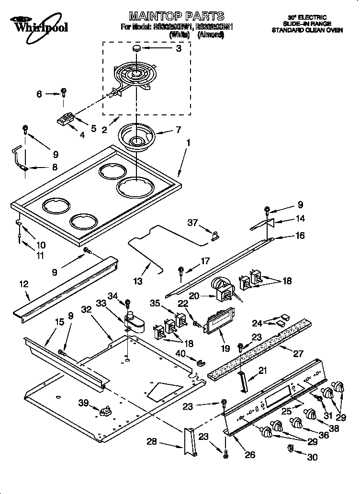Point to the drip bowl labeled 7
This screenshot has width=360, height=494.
point(136,136)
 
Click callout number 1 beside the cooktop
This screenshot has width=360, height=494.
point(188,142)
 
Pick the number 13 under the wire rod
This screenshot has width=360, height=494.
point(138,281)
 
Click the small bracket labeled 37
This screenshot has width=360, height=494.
point(215,235)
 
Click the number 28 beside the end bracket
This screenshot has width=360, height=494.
point(151,441)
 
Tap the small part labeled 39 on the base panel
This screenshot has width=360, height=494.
point(105,411)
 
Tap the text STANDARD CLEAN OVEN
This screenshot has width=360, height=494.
point(307,30)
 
